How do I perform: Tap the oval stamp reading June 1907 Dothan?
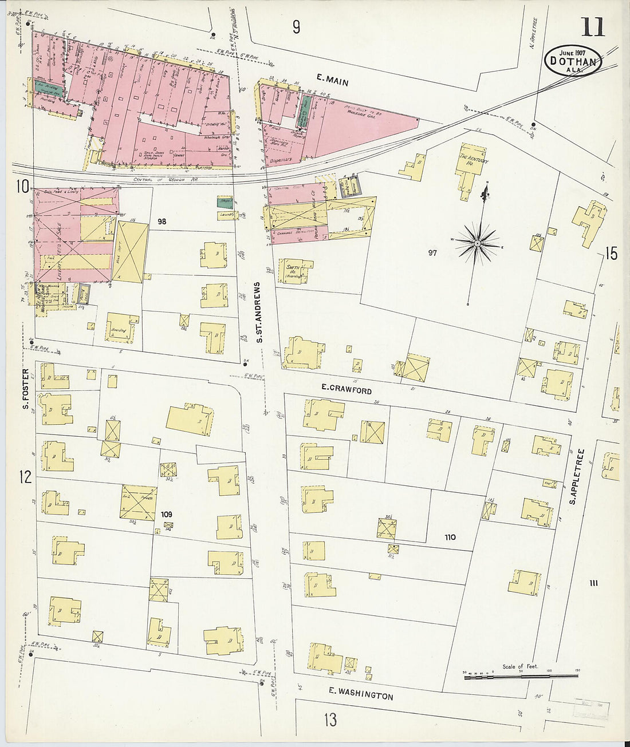point(573,60)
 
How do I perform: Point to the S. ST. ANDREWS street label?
point(259,313)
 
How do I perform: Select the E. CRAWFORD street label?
point(346,389)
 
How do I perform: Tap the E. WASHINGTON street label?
point(361,694)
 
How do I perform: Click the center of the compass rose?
point(477,244)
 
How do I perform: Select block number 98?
point(162,221)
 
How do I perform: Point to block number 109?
point(166,514)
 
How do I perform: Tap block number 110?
point(450,537)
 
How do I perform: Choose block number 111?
point(593,583)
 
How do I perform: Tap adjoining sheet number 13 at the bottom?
point(330,720)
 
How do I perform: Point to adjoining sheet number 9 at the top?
point(296,27)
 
